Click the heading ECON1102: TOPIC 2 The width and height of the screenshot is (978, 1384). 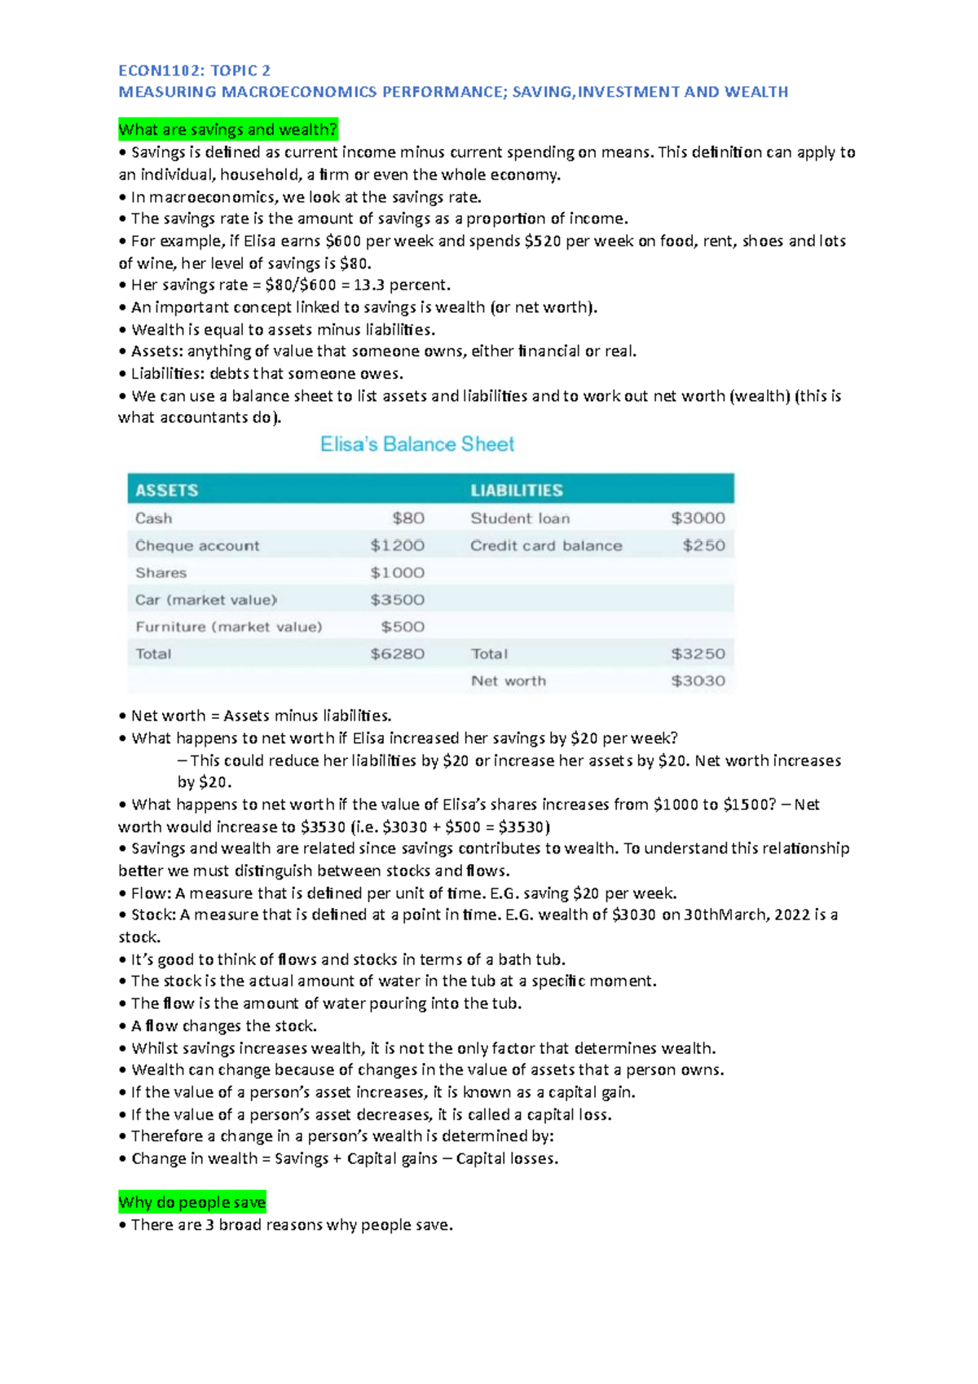(x=194, y=70)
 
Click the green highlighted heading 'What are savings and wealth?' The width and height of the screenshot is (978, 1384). (x=227, y=130)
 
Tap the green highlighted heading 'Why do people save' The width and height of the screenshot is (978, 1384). (x=192, y=1202)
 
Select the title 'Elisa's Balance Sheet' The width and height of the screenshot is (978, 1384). (x=417, y=444)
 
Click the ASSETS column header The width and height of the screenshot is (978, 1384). (x=167, y=490)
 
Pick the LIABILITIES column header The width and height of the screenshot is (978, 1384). (x=517, y=490)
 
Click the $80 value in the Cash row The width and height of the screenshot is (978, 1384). (x=408, y=518)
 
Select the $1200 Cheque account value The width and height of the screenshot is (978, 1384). (x=397, y=545)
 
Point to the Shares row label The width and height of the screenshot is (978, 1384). (x=161, y=573)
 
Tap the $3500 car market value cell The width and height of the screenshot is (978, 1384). (x=397, y=600)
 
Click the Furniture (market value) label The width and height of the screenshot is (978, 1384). (x=229, y=627)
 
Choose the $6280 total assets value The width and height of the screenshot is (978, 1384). (x=397, y=654)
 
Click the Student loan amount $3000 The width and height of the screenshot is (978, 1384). (x=698, y=518)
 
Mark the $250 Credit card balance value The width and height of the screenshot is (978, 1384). (x=704, y=545)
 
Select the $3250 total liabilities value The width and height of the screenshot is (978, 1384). (x=698, y=654)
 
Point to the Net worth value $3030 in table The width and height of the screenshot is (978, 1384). (x=698, y=681)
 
